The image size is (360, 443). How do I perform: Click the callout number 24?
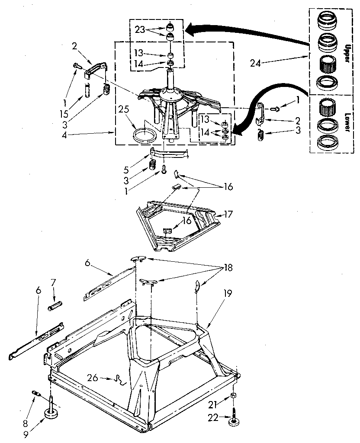click(256, 63)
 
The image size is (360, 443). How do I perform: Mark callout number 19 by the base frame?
click(227, 293)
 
